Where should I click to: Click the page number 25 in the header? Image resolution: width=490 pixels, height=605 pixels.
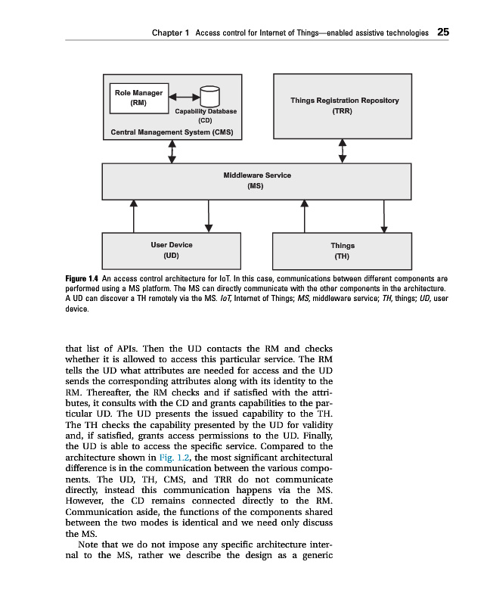pyautogui.click(x=443, y=33)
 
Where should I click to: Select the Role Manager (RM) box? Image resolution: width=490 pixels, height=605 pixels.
pyautogui.click(x=138, y=97)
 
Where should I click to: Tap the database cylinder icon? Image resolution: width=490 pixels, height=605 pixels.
pyautogui.click(x=209, y=97)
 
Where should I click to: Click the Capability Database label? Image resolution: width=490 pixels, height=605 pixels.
pyautogui.click(x=205, y=111)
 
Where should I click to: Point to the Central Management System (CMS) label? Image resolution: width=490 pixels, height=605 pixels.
pyautogui.click(x=172, y=132)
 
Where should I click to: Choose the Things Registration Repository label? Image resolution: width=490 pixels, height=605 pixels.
pyautogui.click(x=344, y=100)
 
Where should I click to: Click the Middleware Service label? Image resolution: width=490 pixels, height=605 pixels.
pyautogui.click(x=257, y=175)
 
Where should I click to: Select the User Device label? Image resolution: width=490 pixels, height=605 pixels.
pyautogui.click(x=171, y=244)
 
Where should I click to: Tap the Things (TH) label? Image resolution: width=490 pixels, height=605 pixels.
pyautogui.click(x=342, y=245)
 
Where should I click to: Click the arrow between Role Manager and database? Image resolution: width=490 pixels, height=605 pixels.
pyautogui.click(x=184, y=97)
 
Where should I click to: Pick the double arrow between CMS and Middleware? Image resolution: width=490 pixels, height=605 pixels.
pyautogui.click(x=172, y=151)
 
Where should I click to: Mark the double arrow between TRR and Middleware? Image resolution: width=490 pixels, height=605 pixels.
pyautogui.click(x=343, y=150)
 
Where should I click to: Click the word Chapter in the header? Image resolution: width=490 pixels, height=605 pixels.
pyautogui.click(x=166, y=33)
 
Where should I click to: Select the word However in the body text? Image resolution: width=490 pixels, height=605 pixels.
pyautogui.click(x=86, y=501)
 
